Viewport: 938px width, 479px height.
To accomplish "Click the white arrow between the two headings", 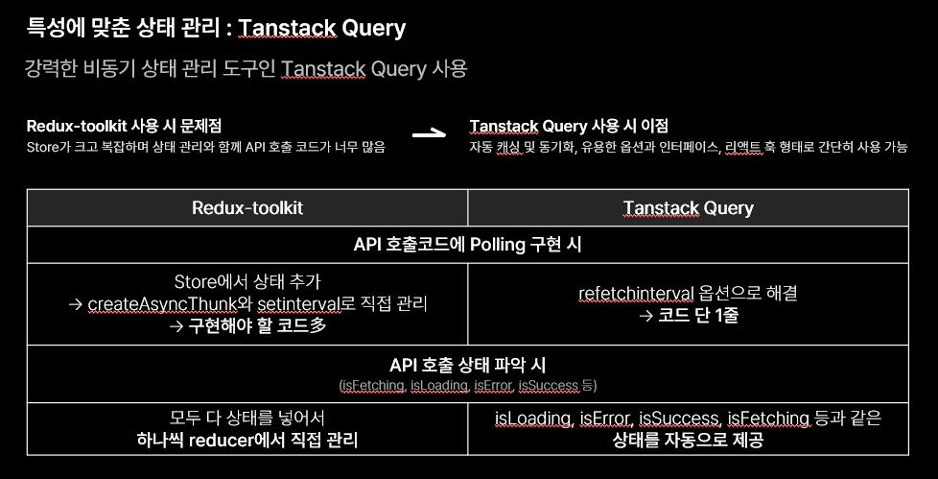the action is coord(430,134).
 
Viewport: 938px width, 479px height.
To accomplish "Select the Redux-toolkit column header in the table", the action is coord(247,207).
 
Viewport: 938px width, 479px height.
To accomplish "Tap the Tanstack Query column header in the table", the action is coord(688,207).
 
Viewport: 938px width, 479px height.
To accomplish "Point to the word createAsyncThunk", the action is coord(163,304).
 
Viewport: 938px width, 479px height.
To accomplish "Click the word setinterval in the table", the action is coord(298,304).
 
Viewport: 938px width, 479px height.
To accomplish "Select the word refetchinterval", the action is coord(636,294).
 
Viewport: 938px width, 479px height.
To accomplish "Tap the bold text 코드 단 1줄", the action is coord(698,316).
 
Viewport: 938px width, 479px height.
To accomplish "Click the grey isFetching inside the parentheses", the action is coord(373,386).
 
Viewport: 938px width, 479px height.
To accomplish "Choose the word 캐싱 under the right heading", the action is coord(508,147).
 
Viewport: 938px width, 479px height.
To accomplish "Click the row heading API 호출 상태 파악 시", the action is coord(467,365).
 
